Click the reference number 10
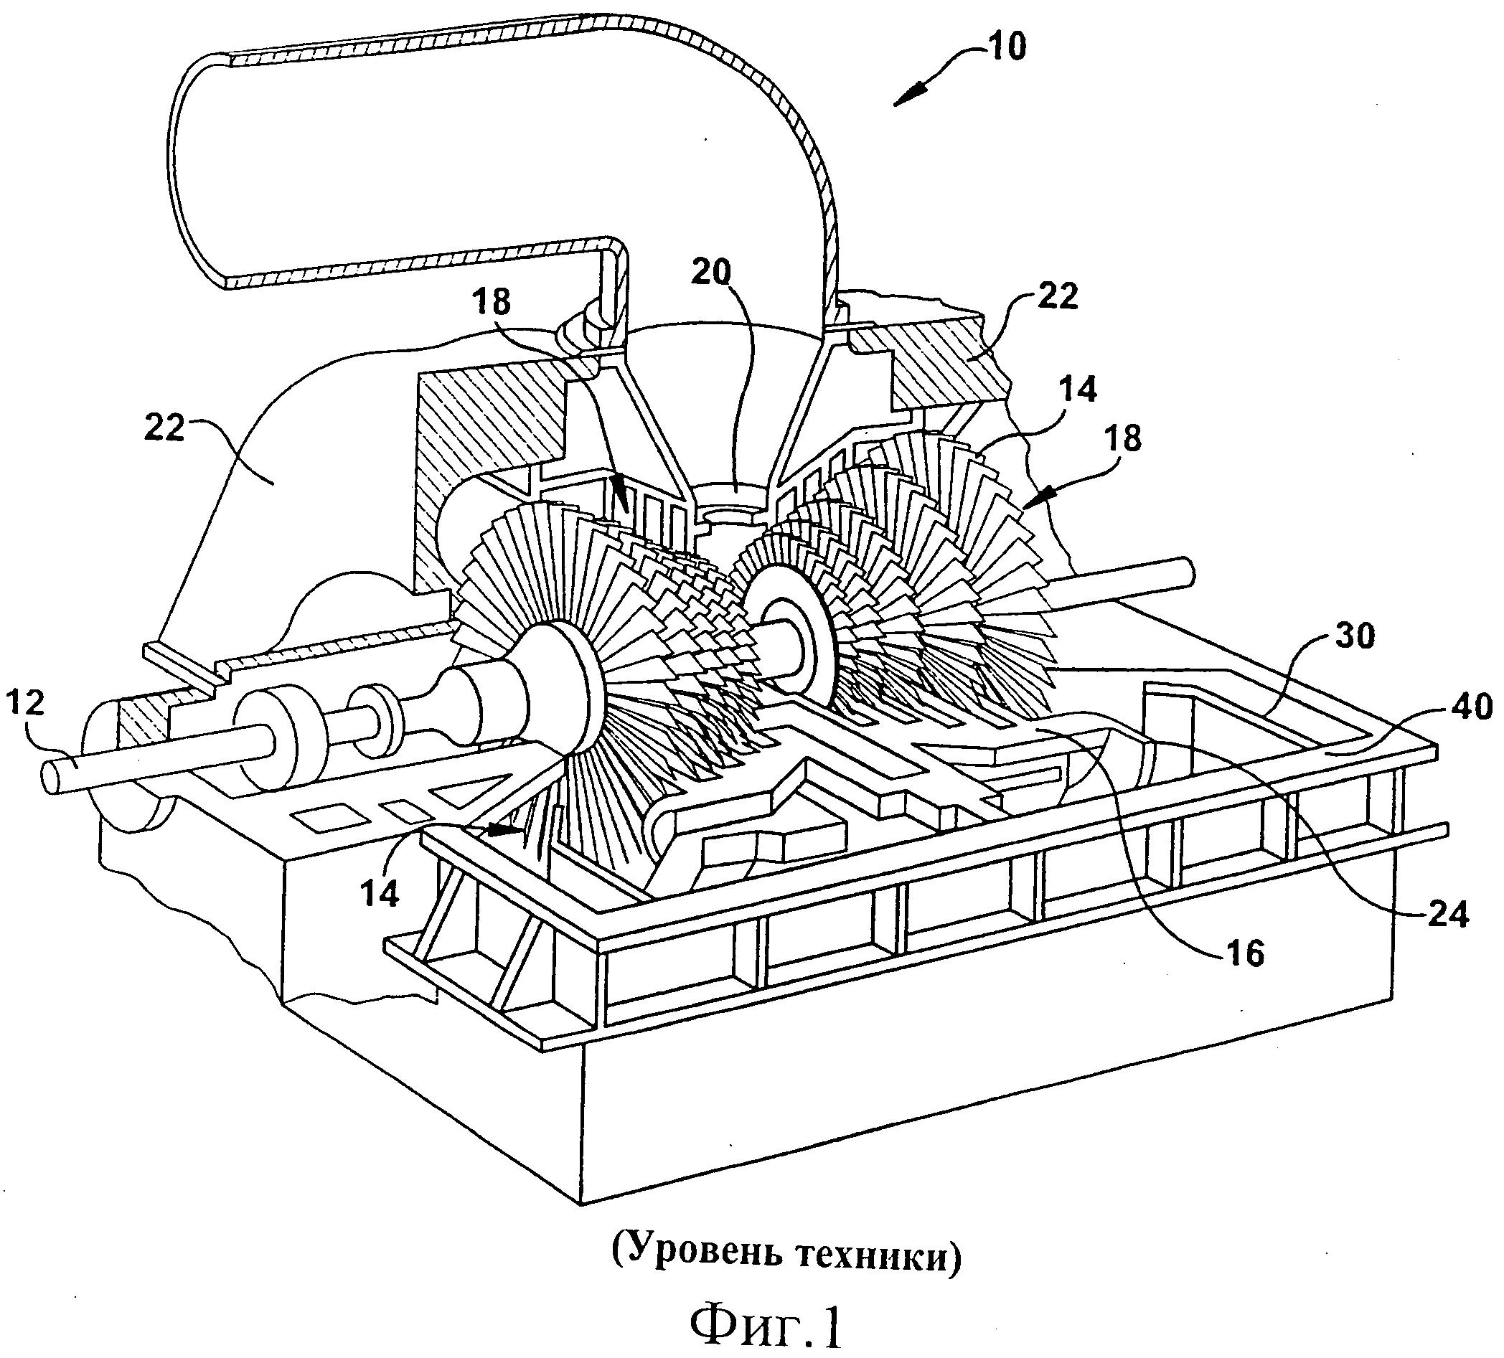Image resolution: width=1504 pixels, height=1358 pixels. pos(1007,46)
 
